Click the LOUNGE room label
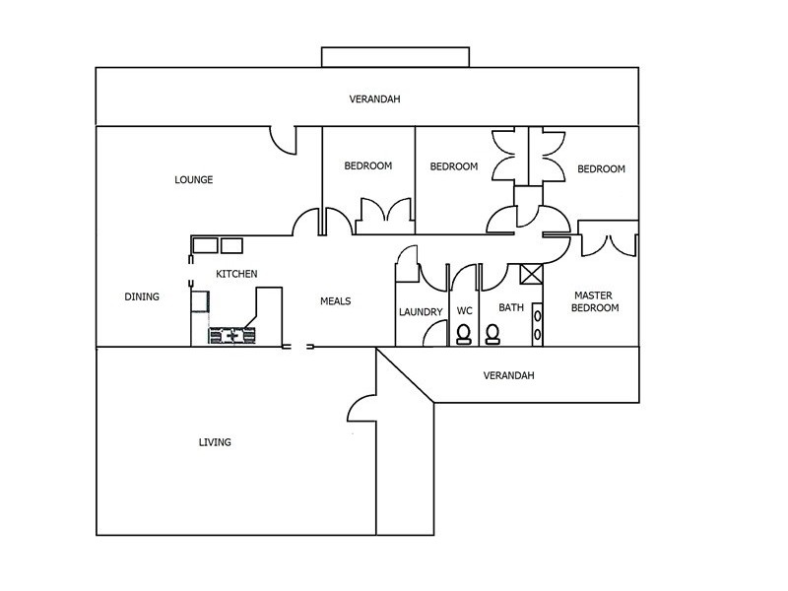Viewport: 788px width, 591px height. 193,179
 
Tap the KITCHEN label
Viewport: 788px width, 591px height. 236,274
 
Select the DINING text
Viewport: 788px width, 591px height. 142,296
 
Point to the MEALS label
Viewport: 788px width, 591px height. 335,301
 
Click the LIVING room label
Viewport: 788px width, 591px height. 215,442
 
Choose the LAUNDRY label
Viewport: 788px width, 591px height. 421,312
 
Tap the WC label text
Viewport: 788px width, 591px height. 464,310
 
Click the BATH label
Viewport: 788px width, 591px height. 511,307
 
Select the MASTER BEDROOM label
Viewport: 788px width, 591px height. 595,301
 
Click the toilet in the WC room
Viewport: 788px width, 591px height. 464,334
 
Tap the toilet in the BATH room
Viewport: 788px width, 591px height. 492,334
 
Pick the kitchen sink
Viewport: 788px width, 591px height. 231,335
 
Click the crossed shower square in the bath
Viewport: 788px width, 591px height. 531,274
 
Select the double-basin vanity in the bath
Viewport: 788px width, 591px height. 537,325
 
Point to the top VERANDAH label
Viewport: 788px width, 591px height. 374,99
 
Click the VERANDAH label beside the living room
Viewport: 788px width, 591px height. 508,375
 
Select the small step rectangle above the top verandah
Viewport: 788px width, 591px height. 396,57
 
